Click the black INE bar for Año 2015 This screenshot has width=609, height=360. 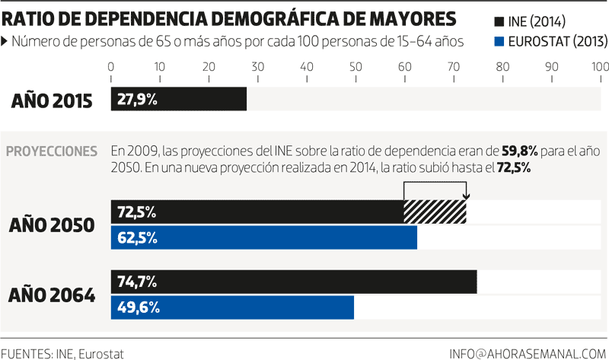coord(179,100)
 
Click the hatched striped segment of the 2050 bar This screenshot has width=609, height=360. coord(435,212)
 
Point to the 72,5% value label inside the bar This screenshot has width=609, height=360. coord(137,212)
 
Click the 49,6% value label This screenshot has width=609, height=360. coord(138,307)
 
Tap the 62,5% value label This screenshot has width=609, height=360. coord(138,238)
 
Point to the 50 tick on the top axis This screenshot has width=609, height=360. coord(356,67)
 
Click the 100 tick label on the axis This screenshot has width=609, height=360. coord(599,67)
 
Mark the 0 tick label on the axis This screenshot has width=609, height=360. coord(111,67)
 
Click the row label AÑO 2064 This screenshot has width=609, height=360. coord(52,295)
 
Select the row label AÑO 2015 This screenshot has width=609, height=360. coord(52,100)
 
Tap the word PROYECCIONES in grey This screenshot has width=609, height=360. coord(52,151)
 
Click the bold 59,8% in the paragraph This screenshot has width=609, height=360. coord(518,151)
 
